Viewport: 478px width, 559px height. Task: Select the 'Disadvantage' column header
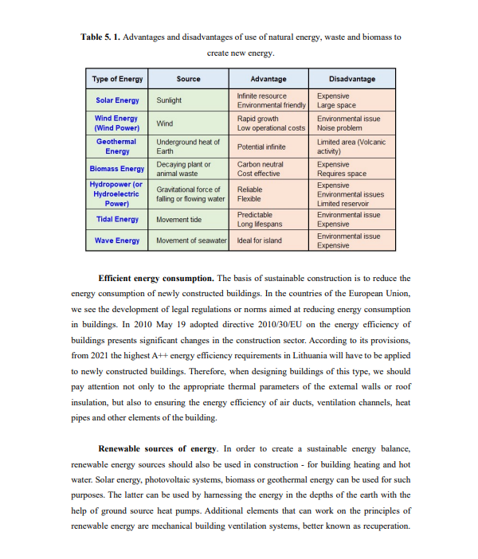pos(351,79)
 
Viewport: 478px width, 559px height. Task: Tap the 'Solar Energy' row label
pos(116,100)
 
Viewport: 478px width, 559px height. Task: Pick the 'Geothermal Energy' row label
pos(116,146)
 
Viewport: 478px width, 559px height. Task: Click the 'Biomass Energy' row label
pos(116,169)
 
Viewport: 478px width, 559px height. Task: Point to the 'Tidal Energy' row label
pos(116,219)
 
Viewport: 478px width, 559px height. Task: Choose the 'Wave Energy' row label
pos(116,240)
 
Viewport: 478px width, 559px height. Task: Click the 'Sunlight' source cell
pos(169,100)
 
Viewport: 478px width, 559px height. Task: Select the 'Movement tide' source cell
pos(179,219)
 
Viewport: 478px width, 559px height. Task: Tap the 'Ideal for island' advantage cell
pos(259,240)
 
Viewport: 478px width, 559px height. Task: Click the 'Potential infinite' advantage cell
pos(261,147)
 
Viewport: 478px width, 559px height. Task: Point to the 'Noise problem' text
pos(339,127)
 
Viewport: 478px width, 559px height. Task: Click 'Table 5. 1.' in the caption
pos(100,37)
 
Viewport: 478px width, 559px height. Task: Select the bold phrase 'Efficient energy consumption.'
pos(155,278)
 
